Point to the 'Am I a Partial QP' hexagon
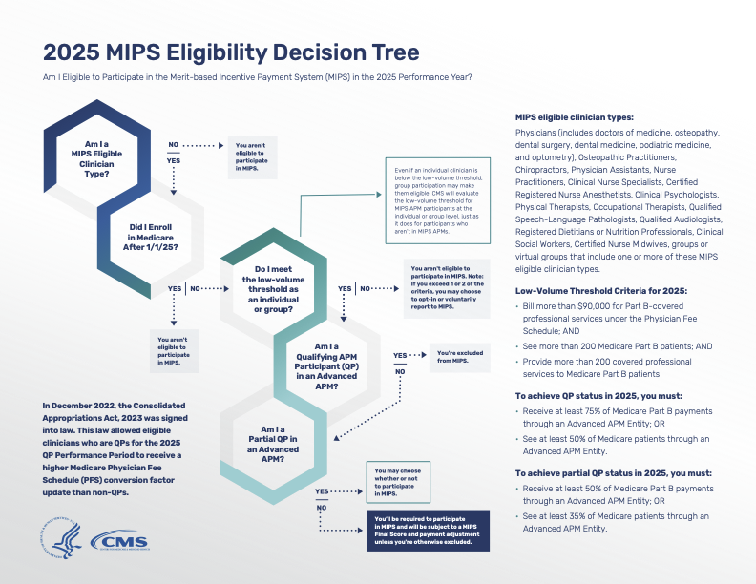point(275,439)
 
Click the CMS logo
point(118,542)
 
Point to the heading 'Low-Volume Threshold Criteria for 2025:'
point(602,288)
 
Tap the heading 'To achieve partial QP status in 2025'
point(612,472)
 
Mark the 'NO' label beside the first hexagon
point(174,145)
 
